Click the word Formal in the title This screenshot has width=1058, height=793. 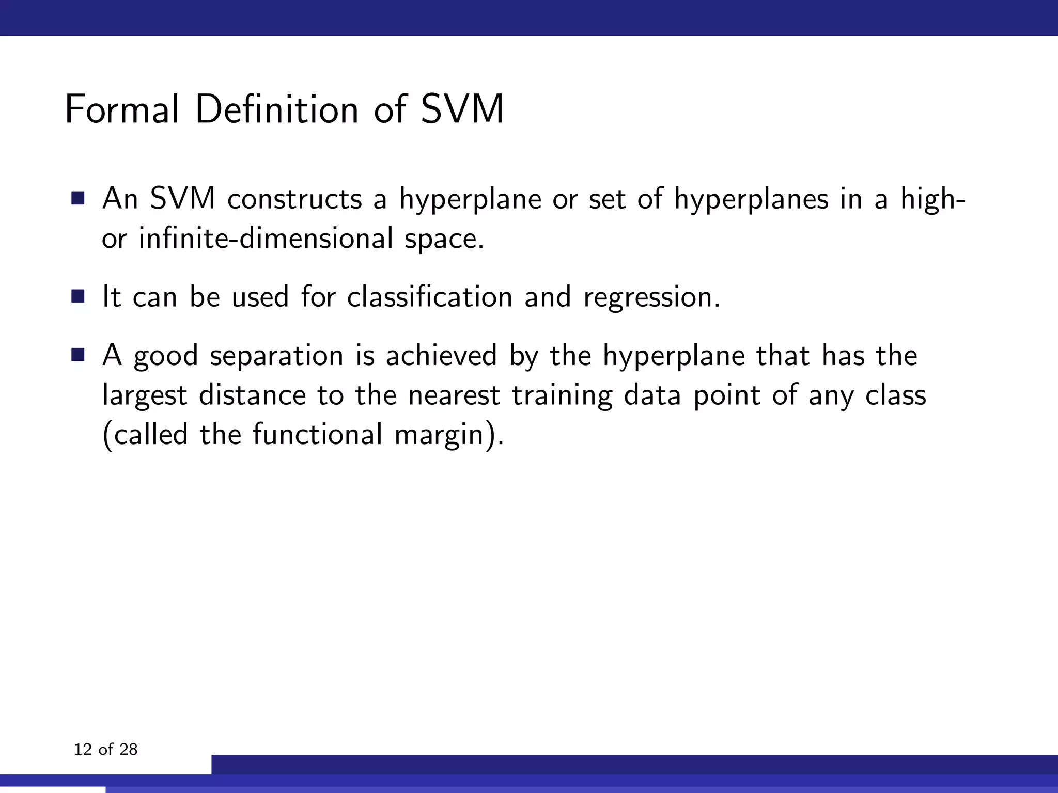click(x=122, y=109)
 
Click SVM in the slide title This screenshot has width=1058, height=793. click(x=462, y=109)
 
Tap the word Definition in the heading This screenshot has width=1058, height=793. click(x=277, y=109)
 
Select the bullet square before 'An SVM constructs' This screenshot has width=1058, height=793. click(x=78, y=198)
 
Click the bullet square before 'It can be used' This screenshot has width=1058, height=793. click(x=78, y=296)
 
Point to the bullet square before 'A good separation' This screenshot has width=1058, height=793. click(x=78, y=355)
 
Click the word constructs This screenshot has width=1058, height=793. click(x=294, y=199)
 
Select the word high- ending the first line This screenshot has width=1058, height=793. click(x=932, y=199)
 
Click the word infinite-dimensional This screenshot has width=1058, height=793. click(x=266, y=239)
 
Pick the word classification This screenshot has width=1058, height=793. click(x=429, y=297)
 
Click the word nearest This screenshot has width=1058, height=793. click(x=454, y=395)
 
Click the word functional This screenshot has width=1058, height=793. click(x=317, y=435)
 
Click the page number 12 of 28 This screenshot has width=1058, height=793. click(x=106, y=749)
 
